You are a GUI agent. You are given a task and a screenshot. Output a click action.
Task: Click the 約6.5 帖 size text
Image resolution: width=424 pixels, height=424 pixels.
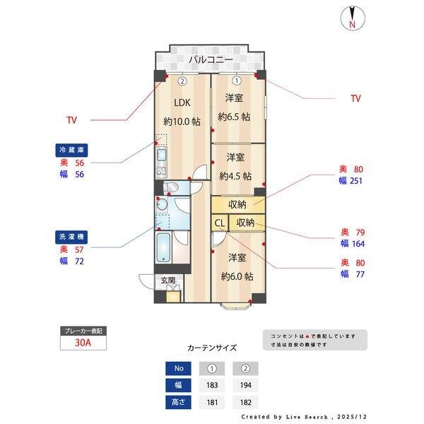(x=234, y=117)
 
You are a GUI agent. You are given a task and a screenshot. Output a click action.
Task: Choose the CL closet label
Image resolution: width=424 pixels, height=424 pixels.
(x=219, y=223)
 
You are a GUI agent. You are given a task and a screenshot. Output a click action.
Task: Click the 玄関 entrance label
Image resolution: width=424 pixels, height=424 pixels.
(x=167, y=281)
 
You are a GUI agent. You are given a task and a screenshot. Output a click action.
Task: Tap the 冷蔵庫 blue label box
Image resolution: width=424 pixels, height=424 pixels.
(x=71, y=150)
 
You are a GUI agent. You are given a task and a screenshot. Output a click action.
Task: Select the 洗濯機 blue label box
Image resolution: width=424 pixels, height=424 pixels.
(x=71, y=236)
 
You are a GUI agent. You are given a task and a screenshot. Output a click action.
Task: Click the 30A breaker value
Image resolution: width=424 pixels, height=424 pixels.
(x=83, y=344)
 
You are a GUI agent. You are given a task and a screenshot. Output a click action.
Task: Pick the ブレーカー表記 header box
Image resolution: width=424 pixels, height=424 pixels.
(x=83, y=331)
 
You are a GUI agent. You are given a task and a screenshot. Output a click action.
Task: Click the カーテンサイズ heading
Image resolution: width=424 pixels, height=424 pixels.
(x=211, y=348)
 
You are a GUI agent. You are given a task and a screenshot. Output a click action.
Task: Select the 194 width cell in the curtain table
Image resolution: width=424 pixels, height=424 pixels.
(x=245, y=385)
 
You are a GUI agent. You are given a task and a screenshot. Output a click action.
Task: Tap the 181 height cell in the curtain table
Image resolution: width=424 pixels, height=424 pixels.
(x=211, y=403)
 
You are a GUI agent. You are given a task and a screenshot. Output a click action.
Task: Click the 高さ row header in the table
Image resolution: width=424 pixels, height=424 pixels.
(x=178, y=403)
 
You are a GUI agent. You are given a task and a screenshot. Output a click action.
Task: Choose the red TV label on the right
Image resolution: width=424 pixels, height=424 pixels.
(x=355, y=99)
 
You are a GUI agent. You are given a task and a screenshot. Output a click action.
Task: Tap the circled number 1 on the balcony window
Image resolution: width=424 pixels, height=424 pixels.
(x=236, y=79)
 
